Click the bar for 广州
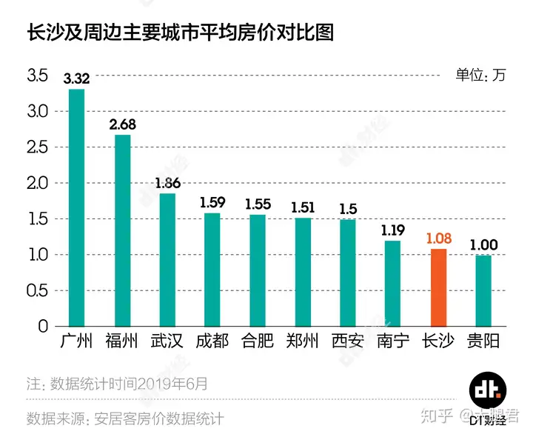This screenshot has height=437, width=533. pos(77,207)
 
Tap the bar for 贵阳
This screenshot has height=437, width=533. pos(483,290)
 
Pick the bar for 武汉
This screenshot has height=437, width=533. pos(167,259)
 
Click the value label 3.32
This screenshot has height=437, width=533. pos(77,79)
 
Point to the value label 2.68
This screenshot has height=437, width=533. pos(122,124)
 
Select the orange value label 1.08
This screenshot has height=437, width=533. pos(438,238)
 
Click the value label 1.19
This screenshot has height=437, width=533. pos(393,230)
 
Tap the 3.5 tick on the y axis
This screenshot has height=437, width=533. pos(37,76)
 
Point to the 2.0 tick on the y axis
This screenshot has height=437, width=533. pos(37,183)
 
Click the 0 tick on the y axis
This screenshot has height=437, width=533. pos(43,327)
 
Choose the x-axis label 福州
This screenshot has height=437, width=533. pos(122,341)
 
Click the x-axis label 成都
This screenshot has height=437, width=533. pos(212,341)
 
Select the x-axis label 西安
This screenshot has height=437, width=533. pos(348,341)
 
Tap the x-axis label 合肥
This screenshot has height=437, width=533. pos(258,341)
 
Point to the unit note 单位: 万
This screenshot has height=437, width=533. pos(480,75)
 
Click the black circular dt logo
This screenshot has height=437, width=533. pos(488,393)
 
